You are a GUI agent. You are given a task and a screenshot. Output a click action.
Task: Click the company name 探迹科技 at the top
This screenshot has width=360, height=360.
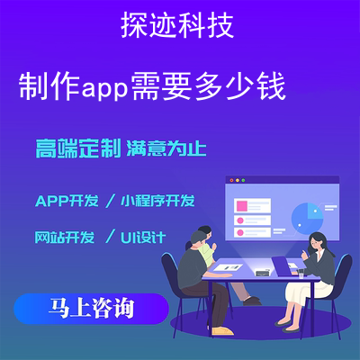tap(177, 25)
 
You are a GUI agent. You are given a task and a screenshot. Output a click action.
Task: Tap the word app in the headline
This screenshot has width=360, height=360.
tap(104, 88)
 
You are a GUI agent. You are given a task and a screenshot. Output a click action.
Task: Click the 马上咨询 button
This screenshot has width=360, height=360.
tap(91, 309)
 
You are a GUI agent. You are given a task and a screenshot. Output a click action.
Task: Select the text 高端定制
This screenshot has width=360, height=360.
tap(78, 148)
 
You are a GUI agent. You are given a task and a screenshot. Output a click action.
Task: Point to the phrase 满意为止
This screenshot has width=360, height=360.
tap(166, 148)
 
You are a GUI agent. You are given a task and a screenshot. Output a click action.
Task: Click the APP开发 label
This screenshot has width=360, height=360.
tap(67, 201)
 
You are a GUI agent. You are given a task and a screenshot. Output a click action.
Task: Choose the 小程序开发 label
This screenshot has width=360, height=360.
tap(157, 201)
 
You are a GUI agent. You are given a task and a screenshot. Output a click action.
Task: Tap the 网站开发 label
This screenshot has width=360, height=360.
tap(65, 237)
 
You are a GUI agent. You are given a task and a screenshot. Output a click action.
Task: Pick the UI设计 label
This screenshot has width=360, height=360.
tap(143, 238)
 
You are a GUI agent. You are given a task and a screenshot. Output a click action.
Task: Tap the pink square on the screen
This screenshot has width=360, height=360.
tap(242, 206)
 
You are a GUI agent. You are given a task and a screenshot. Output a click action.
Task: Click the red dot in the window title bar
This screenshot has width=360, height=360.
tap(231, 180)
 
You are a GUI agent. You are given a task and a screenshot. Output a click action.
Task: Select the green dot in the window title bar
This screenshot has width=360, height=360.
tap(243, 180)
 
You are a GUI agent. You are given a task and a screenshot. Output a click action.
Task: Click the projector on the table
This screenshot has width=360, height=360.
tap(263, 273)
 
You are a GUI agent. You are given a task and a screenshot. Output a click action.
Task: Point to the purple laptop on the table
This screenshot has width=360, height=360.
tap(284, 266)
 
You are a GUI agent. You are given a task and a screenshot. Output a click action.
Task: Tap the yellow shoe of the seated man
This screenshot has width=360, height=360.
tap(222, 331)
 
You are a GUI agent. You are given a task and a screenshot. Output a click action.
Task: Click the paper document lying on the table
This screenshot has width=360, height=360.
tap(228, 267)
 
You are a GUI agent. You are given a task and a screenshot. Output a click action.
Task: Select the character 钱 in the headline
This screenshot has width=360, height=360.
tap(272, 87)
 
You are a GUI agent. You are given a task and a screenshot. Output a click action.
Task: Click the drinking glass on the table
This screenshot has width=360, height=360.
tap(301, 274)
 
